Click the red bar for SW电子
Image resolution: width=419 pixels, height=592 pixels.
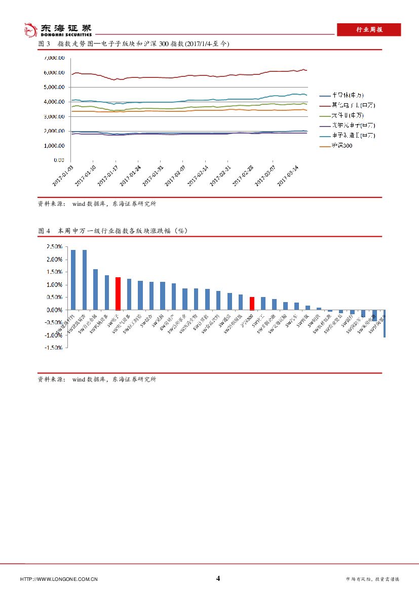pos(118,293)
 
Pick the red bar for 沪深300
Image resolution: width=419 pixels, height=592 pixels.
pos(252,304)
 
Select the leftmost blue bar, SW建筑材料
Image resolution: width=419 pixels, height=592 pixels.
pos(73,280)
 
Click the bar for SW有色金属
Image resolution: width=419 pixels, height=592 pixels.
pos(95,289)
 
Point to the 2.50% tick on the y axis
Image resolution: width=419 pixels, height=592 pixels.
pos(54,247)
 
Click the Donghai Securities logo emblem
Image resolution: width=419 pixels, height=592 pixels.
pos(31,29)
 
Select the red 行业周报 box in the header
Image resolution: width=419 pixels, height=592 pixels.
pos(369,30)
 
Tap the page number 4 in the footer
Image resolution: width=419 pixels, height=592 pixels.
pos(218,578)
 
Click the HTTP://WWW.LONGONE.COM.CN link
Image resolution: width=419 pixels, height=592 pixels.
pos(59,579)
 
